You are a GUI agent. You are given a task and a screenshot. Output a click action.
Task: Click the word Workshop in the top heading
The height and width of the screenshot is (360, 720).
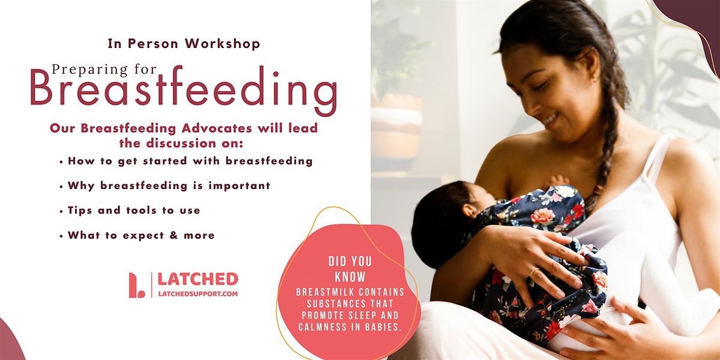[x=223, y=44]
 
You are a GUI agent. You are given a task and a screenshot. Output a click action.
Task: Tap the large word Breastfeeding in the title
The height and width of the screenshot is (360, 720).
[x=184, y=89]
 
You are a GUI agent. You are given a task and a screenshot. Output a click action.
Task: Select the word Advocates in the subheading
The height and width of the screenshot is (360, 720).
[x=217, y=128]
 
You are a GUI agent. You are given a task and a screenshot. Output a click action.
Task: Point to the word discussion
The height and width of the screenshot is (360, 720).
[x=181, y=143]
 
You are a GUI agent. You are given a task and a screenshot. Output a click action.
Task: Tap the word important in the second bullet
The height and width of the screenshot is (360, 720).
[x=239, y=186]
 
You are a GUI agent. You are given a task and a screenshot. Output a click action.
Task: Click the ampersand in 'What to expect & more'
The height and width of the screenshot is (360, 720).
[x=173, y=235]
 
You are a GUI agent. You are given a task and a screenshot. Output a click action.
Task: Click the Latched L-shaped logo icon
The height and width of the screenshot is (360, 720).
[x=136, y=285]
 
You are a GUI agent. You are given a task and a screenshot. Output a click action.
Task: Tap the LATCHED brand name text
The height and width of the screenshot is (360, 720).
[x=197, y=280]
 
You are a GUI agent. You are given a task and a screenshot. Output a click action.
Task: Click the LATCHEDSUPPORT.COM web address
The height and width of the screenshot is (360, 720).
[x=198, y=294]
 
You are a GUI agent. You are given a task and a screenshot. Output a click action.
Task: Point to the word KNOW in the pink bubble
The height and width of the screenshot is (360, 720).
[x=350, y=277]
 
